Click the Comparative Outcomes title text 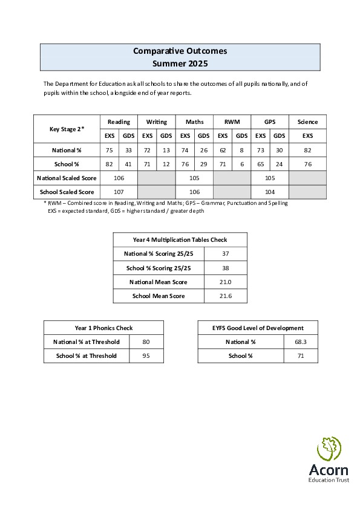180,51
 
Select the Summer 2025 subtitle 180,63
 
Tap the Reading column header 119,122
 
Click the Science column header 307,122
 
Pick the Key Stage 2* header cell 67,129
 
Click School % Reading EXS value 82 110,164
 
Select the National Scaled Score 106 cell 119,178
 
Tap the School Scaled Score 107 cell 119,192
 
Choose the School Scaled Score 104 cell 270,192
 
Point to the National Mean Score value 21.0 225,282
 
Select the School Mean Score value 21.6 225,296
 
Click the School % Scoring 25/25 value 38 225,268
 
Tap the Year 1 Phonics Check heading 103,328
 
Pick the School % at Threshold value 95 146,356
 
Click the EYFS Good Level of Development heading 258,328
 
